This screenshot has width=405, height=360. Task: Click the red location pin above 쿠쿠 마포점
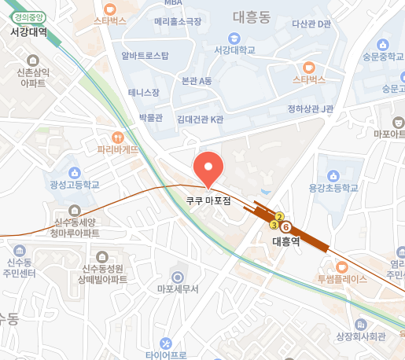point(208,166)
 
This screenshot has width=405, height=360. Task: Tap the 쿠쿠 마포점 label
point(208,200)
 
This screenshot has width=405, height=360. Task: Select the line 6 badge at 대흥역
point(286,227)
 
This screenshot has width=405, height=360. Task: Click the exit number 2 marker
point(279,216)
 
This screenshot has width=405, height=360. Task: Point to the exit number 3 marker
point(274,225)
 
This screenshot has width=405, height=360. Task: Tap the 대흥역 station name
point(285,241)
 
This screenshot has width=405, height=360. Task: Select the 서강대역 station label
point(29,32)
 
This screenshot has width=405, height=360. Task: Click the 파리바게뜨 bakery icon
point(118,136)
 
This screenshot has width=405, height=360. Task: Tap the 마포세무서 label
point(177,288)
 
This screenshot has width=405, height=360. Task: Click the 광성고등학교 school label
point(75,185)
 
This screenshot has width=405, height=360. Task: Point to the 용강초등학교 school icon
point(333,174)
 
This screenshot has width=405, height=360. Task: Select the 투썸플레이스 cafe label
point(342,278)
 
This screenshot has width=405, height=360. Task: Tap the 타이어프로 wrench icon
point(166,343)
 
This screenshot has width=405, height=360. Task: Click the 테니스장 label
point(144,92)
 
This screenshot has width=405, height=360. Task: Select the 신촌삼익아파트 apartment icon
point(31,60)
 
